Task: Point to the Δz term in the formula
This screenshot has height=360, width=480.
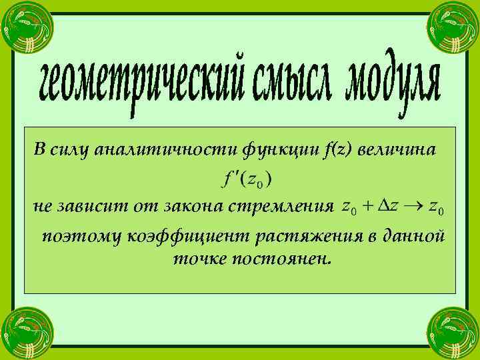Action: pyautogui.click(x=388, y=207)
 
